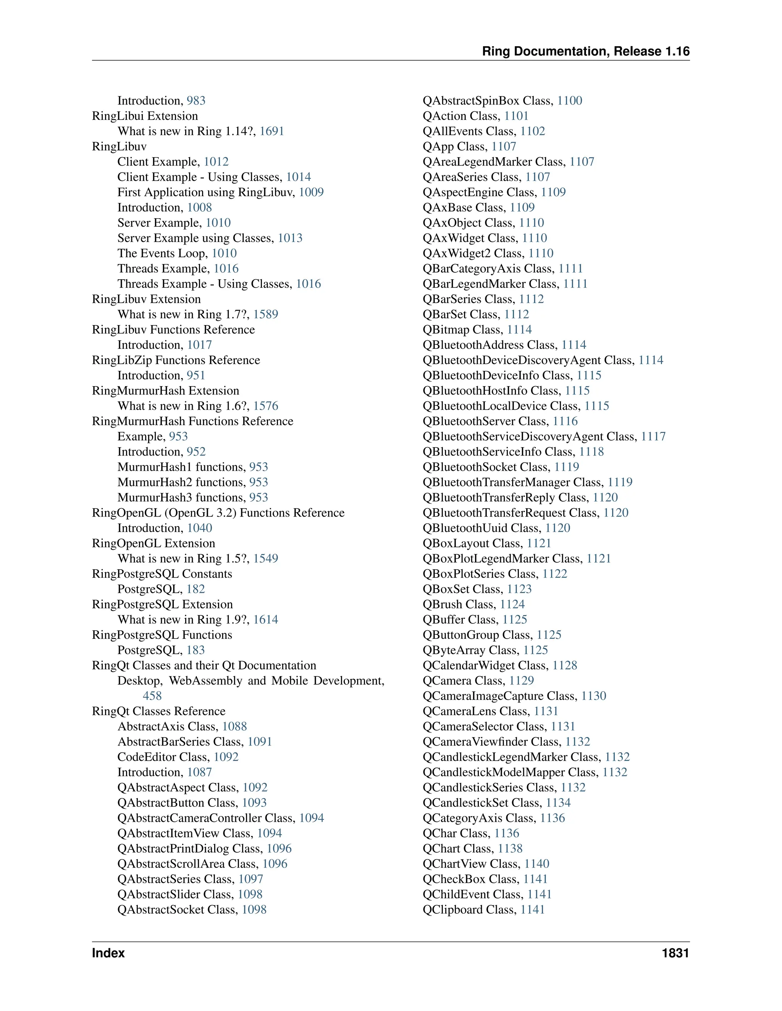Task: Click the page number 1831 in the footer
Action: pos(675,953)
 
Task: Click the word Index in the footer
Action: pos(108,953)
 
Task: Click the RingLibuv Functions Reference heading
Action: pos(173,330)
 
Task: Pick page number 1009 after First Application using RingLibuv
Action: pos(311,192)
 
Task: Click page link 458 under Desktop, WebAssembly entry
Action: pos(152,696)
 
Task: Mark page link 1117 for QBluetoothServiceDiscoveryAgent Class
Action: pos(653,436)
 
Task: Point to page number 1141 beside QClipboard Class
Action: pos(532,910)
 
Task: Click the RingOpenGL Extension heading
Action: pos(153,543)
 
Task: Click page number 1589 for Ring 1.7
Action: pos(265,314)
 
